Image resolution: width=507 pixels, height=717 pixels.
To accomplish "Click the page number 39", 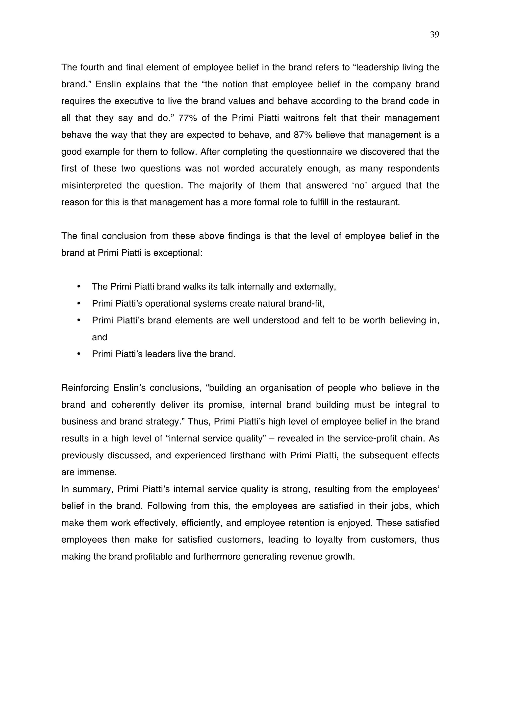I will pyautogui.click(x=434, y=35).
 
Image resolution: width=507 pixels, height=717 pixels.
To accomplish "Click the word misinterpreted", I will pyautogui.click(x=91, y=185).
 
